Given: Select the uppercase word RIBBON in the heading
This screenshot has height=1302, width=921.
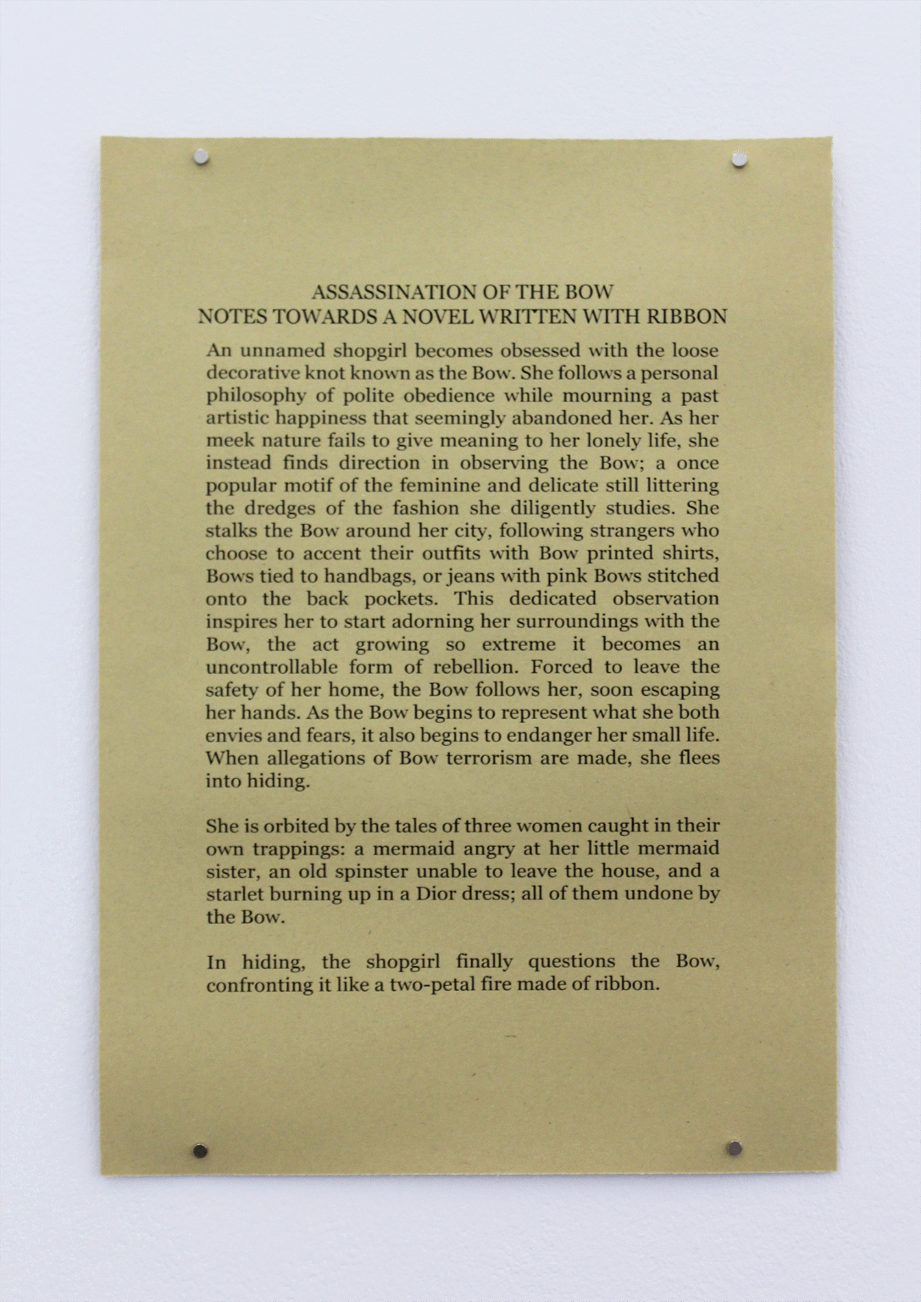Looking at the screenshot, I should tap(686, 317).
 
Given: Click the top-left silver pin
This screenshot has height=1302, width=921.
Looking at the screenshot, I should tap(201, 158).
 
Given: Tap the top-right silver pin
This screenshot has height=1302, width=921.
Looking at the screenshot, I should tap(740, 159).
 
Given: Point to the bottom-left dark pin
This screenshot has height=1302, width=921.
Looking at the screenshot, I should tap(200, 1151).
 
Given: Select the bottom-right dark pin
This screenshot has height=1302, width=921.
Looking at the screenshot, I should tap(734, 1149).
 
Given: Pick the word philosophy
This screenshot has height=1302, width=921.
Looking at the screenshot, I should tap(256, 396).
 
